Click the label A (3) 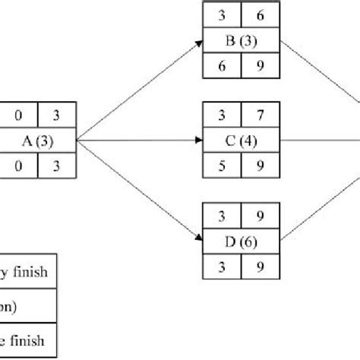39,141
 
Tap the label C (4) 241,141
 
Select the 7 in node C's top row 260,118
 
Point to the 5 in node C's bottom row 222,164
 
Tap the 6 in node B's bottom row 222,64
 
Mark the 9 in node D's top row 260,218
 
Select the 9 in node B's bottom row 260,64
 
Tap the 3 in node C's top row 222,118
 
